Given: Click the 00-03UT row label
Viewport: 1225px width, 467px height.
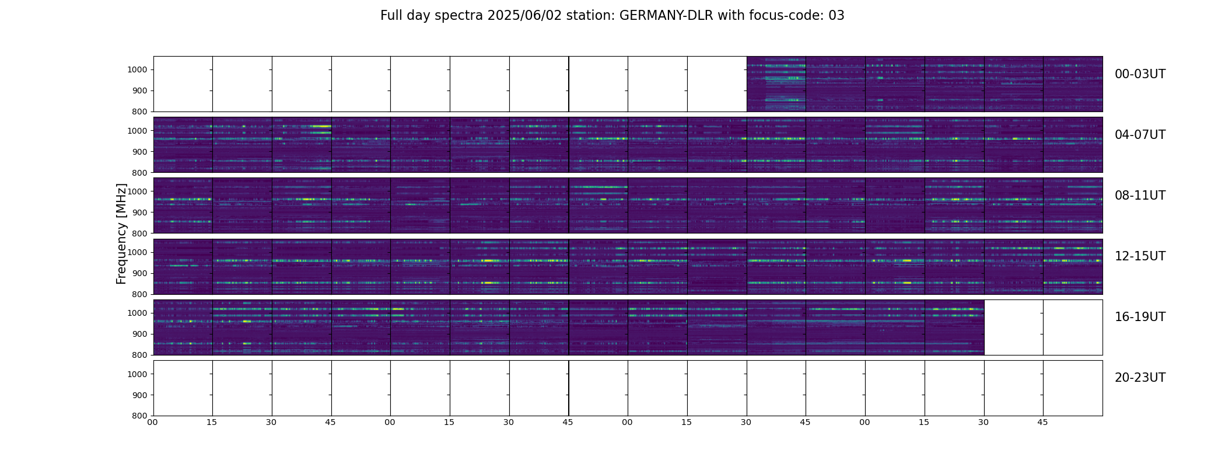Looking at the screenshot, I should pos(1140,74).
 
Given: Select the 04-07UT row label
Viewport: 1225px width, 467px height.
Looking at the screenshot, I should pos(1140,135).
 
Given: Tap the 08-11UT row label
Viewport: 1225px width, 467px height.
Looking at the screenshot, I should pos(1140,196).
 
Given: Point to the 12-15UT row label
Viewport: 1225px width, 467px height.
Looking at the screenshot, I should pos(1140,256).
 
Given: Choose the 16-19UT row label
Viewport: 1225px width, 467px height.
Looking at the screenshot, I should pos(1140,317).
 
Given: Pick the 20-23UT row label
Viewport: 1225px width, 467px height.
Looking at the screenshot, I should pos(1140,378).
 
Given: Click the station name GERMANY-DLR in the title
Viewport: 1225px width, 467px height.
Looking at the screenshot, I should pos(666,16).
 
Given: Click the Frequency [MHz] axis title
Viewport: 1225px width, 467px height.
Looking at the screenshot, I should pos(121,233).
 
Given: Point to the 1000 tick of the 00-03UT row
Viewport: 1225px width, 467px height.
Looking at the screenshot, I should pos(138,70).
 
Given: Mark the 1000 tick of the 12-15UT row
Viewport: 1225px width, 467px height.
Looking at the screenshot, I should pos(138,252).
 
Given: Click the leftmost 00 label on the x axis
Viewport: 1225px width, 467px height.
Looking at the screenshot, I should pos(153,422).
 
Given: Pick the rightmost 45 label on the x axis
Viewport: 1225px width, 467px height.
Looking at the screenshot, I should pos(1042,422).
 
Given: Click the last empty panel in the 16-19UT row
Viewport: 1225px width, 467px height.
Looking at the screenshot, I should pos(1073,327).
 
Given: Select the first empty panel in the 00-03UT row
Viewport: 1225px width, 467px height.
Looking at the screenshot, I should pos(183,84).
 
